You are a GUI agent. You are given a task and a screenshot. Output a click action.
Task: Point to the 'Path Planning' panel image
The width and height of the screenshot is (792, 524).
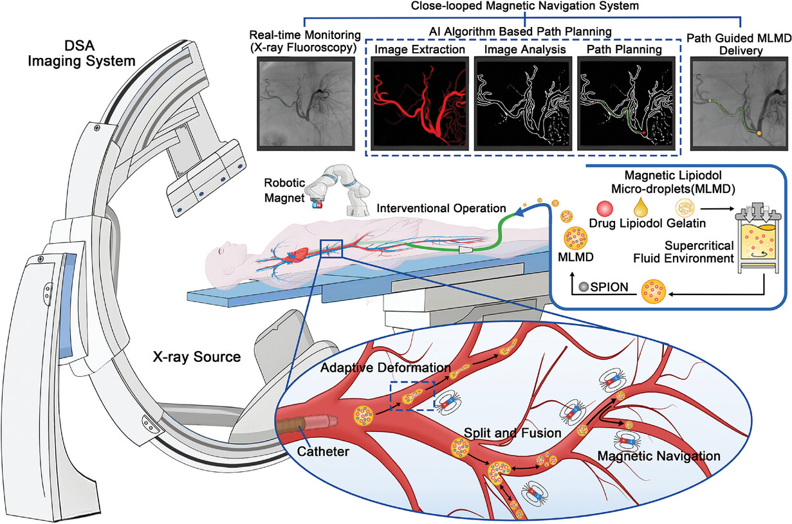click(627, 104)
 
